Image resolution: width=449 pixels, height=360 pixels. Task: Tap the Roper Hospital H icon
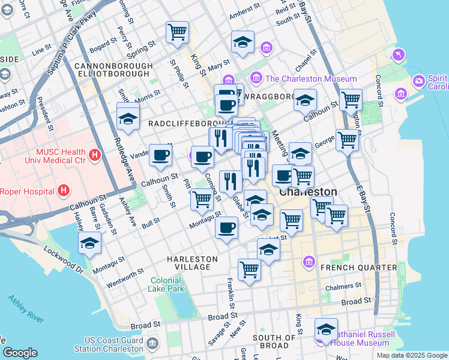65,191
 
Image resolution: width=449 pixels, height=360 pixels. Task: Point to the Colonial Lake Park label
166,284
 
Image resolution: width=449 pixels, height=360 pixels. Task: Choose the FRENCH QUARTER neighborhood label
358,267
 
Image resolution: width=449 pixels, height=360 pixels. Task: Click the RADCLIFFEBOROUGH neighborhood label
178,123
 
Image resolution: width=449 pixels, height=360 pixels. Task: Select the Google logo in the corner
20,353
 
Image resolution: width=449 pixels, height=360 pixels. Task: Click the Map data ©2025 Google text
411,355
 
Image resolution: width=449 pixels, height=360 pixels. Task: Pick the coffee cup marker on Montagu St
226,228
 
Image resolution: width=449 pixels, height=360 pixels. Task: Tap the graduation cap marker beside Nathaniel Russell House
326,329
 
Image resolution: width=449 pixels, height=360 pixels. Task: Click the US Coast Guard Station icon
152,344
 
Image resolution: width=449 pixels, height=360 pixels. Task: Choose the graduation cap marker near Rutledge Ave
128,119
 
